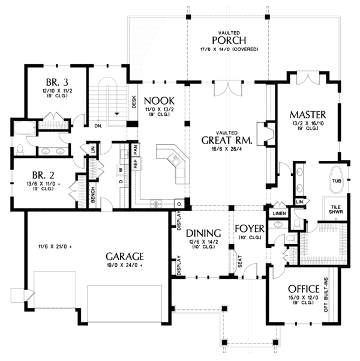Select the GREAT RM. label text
point(227,140)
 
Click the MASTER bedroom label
point(307,114)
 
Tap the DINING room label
point(203,233)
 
